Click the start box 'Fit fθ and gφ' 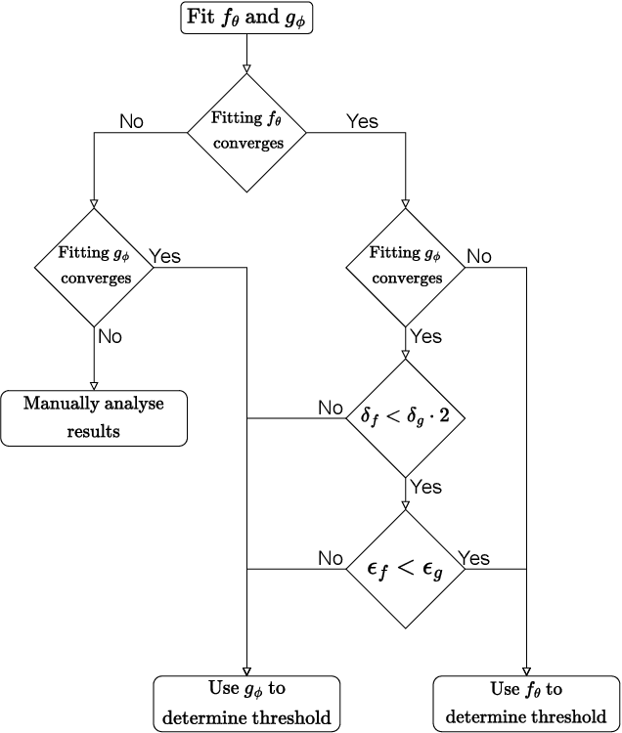point(245,19)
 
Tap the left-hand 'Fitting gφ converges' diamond point(94,266)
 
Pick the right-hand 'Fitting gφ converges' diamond point(406,266)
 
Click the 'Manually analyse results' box point(94,417)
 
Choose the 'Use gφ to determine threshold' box point(246,702)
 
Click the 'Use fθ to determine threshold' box point(526,702)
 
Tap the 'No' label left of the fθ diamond point(132,121)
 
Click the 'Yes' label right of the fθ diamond point(362,121)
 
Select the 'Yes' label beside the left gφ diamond point(164,256)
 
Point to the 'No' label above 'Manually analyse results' point(110,336)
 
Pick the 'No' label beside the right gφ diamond point(479,256)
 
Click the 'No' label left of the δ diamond point(331,408)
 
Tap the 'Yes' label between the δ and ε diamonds point(425,487)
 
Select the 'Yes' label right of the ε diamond point(474,558)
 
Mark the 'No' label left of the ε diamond point(331,558)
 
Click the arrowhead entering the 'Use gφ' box point(246,668)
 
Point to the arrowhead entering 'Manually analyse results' point(94,384)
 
